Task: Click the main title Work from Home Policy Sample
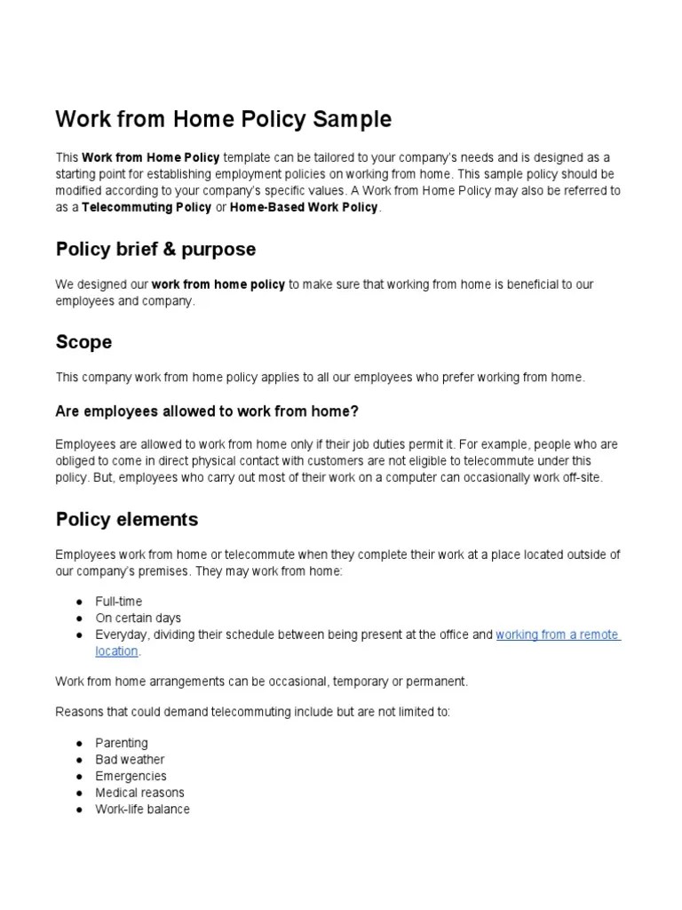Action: [x=223, y=119]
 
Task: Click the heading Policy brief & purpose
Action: [x=155, y=249]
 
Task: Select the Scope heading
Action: [x=83, y=342]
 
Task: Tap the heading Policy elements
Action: [x=127, y=518]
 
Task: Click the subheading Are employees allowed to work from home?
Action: [x=207, y=411]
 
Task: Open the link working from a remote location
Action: [x=557, y=635]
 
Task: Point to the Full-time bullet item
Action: [x=118, y=602]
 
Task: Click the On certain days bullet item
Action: [x=138, y=618]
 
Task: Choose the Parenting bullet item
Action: [x=122, y=743]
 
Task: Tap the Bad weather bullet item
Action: [x=130, y=760]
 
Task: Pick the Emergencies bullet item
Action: [x=131, y=776]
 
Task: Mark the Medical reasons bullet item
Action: [x=139, y=793]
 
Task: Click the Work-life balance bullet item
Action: [x=142, y=810]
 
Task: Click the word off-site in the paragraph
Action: [x=581, y=477]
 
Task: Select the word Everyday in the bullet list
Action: [x=121, y=635]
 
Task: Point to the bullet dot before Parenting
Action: [x=79, y=743]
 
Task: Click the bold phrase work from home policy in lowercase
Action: [x=218, y=284]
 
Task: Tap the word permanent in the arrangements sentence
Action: [x=436, y=682]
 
